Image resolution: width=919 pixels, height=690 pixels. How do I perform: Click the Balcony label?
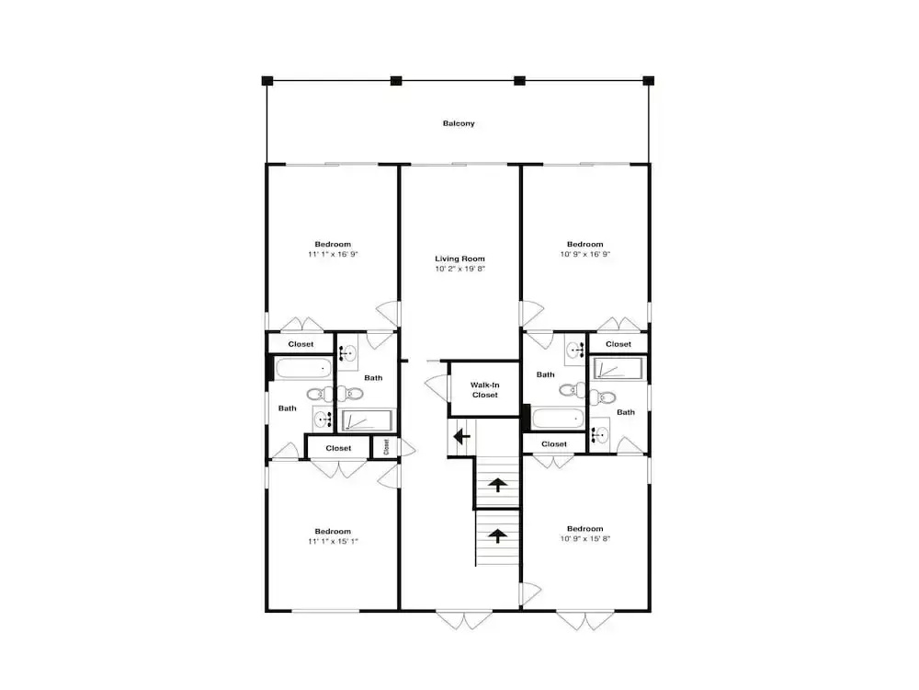point(459,123)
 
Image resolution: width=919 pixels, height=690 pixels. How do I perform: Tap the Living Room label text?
point(459,259)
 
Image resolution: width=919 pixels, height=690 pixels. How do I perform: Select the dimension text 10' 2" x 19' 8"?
point(459,269)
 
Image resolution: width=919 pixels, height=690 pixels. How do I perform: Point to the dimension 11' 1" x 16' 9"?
point(333,254)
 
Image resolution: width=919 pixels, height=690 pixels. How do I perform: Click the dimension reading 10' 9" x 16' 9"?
point(584,254)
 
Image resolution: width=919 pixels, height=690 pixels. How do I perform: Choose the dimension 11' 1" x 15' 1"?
point(333,541)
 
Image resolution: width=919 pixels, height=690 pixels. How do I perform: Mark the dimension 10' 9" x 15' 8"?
point(584,538)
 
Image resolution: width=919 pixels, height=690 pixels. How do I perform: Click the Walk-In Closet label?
point(484,390)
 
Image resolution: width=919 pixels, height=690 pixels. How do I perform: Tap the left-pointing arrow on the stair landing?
point(462,436)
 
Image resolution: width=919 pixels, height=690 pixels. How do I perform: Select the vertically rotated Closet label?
point(386,447)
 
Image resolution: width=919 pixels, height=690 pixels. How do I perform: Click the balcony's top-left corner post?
point(267,80)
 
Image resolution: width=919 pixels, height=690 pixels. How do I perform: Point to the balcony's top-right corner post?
point(648,80)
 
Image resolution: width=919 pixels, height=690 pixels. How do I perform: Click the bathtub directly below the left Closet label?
point(303,369)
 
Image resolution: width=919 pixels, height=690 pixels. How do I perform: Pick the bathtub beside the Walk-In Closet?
point(558,419)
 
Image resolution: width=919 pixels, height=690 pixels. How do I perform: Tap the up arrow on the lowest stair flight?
point(497,535)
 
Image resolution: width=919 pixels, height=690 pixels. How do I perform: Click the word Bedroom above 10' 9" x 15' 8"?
point(584,529)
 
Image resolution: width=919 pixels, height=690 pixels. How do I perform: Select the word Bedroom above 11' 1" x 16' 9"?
point(333,244)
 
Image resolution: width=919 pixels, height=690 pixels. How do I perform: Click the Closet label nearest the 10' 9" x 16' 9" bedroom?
point(618,344)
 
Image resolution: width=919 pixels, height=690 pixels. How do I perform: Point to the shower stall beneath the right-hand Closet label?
point(618,369)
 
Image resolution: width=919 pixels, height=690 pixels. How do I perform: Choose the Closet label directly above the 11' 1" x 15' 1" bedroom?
point(338,448)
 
